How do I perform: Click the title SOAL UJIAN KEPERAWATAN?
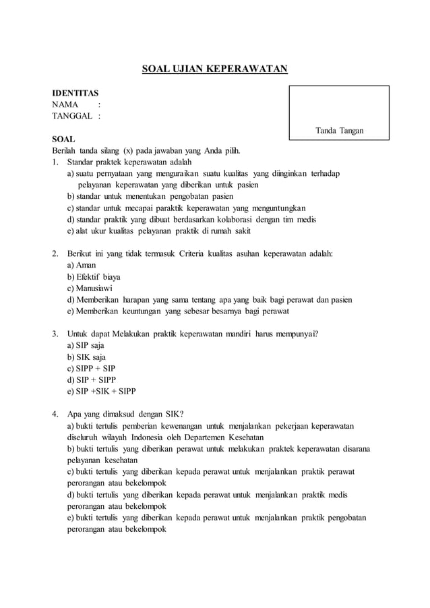click(214, 69)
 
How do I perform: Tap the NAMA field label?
click(65, 104)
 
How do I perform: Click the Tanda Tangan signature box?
click(339, 113)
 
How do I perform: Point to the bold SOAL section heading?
click(64, 138)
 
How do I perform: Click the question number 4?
click(55, 414)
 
